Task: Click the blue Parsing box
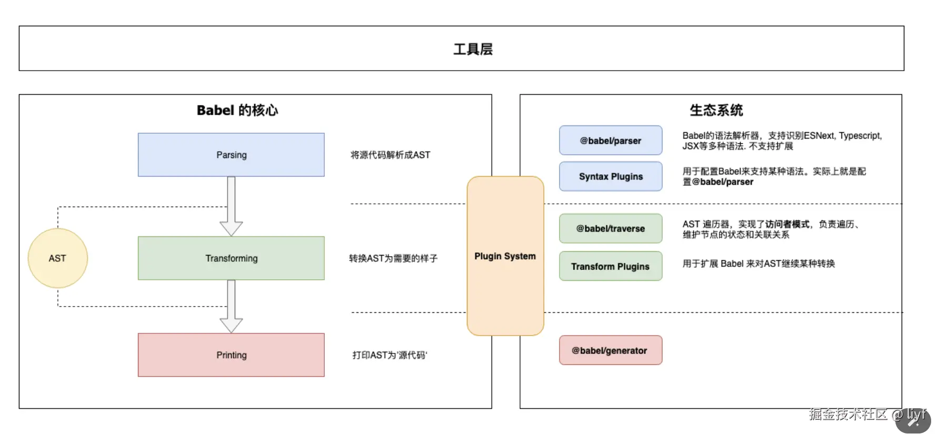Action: click(231, 155)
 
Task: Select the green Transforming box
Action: click(231, 258)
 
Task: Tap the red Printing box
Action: click(231, 355)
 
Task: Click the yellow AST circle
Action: click(57, 258)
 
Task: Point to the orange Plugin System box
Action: click(505, 256)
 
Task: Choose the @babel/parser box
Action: click(611, 141)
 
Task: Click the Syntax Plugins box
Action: click(611, 176)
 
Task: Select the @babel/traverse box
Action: click(611, 229)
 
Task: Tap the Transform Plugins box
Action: click(611, 267)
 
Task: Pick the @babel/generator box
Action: click(611, 350)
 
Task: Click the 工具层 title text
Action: click(473, 49)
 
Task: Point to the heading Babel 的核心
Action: click(237, 110)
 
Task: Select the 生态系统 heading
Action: click(716, 110)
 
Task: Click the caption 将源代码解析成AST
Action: click(391, 155)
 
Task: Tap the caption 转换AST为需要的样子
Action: click(393, 258)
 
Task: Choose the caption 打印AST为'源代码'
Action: click(390, 355)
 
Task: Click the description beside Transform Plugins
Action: click(759, 263)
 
